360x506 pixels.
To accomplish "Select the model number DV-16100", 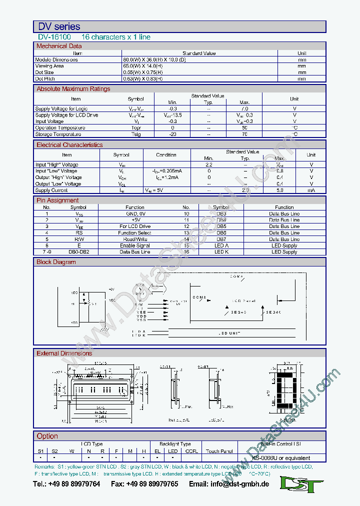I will pos(54,37).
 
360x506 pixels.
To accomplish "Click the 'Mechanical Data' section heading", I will pos(59,46).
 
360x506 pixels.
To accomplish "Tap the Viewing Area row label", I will pos(49,66).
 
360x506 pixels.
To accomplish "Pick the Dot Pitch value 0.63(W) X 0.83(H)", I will pos(142,78).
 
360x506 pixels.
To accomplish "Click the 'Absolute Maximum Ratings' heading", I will pos(73,89).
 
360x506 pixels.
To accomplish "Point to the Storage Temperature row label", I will pos(58,134).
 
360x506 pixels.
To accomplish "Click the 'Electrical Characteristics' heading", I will pos(69,145).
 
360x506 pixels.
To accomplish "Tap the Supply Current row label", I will pos(51,190).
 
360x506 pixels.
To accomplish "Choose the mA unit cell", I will pos(311,190).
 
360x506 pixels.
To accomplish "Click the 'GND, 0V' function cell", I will pos(134,213).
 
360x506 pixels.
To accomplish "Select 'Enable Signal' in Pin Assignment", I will pos(134,245).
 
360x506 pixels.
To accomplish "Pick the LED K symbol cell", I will pos(221,252).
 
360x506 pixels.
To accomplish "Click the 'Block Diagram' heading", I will pos(56,262).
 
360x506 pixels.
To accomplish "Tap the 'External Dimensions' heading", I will pos(64,353).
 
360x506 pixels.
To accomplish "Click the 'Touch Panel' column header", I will pos(219,451).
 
